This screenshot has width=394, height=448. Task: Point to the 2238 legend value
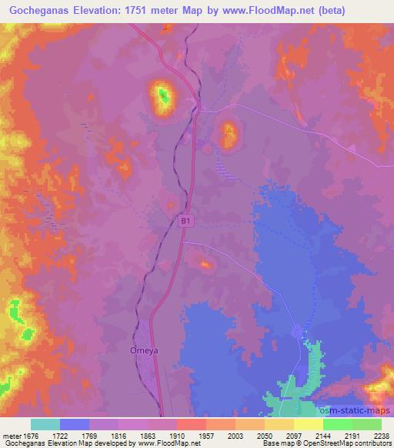tap(381, 436)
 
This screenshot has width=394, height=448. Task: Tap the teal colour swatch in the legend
tap(45, 424)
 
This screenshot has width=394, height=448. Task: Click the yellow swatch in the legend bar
tap(308, 424)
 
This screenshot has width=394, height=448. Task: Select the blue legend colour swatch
tap(75, 424)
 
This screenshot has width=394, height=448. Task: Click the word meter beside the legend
tap(13, 436)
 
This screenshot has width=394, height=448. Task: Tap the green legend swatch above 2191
tap(337, 424)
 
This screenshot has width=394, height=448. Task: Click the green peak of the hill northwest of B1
tap(162, 95)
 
